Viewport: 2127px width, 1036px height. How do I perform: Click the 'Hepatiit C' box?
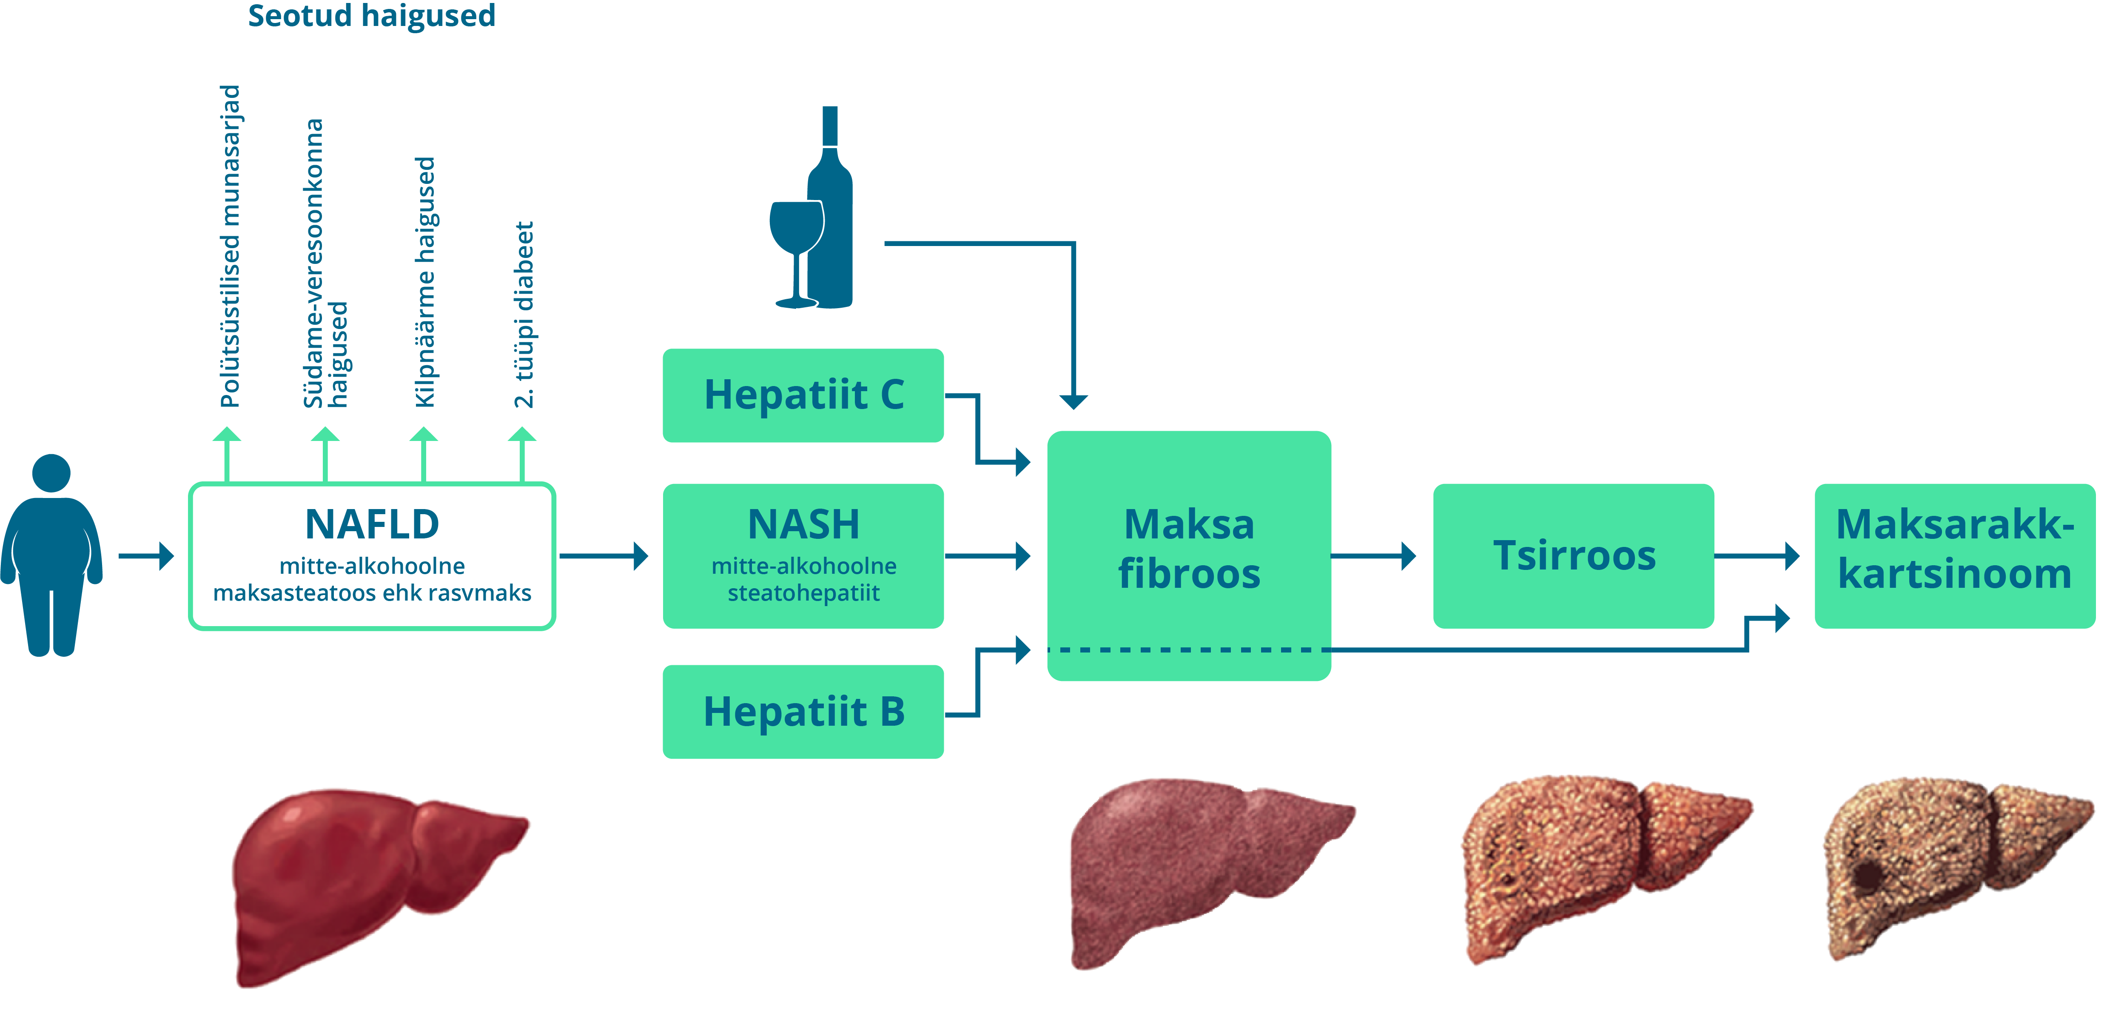(803, 395)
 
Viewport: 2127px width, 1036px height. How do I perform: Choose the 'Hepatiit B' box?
(803, 711)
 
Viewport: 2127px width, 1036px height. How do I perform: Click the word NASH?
(803, 524)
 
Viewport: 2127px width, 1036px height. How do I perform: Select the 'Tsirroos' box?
(1573, 555)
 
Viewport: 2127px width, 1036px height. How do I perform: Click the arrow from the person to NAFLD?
(146, 555)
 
